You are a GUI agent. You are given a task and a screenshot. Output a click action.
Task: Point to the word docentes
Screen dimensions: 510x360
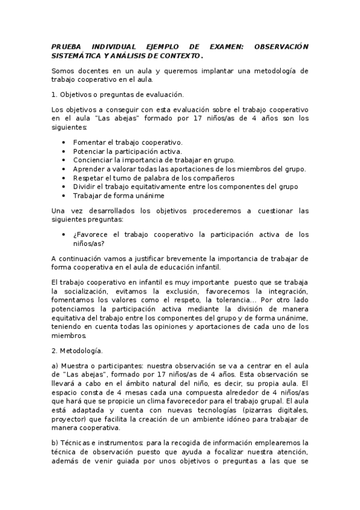[91, 70]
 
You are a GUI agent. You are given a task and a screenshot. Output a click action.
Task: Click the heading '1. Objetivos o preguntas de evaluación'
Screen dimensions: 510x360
[118, 94]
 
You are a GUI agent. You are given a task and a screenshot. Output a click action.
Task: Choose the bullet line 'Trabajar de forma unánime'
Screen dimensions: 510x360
[118, 195]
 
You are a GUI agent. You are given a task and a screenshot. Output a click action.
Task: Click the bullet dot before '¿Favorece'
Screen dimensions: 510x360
[64, 235]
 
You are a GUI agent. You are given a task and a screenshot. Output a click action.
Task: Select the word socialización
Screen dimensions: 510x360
[78, 291]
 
